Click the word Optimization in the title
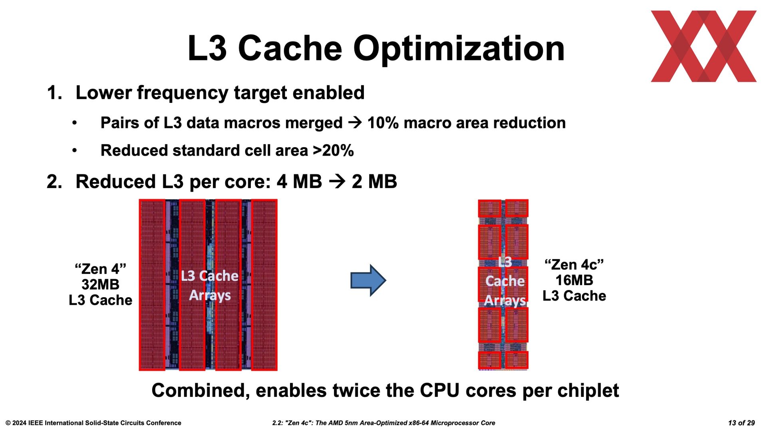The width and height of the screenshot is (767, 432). coord(459,49)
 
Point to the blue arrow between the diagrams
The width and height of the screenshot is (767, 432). coord(368,280)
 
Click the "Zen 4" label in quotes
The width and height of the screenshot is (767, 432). coord(100,269)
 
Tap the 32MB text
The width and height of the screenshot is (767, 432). coord(100,284)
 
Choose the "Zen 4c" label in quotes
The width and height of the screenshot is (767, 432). coord(574,264)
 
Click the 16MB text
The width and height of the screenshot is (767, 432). coord(574,280)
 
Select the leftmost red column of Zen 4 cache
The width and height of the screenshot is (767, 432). coord(152,285)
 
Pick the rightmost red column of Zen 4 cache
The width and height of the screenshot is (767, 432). coord(264,285)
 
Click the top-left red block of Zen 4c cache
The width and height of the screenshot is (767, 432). coord(489,208)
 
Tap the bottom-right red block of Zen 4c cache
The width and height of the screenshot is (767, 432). coord(517,360)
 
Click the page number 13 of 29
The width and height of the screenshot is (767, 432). coord(741,423)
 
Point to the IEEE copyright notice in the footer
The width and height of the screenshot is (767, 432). coord(93,423)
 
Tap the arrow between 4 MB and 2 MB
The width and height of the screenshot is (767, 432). coord(337,182)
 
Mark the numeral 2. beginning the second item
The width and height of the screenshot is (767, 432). coord(54,182)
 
